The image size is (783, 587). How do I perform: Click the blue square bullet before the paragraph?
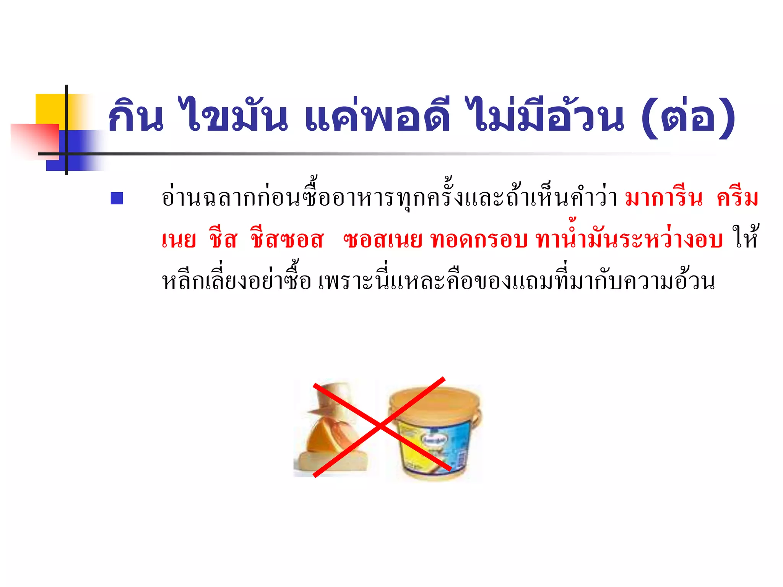point(117,198)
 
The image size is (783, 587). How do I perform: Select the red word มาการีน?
point(664,198)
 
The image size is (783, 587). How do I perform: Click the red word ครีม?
point(737,198)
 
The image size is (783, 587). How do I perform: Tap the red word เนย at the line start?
point(179,240)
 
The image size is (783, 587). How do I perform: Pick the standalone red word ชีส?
point(223,240)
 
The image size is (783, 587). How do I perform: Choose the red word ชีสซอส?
point(287,240)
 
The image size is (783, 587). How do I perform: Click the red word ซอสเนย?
point(382,240)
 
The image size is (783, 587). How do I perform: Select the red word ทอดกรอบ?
point(479,240)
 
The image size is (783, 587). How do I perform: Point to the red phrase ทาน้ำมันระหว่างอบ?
point(629,240)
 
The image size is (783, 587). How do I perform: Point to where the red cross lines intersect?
point(380,426)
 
